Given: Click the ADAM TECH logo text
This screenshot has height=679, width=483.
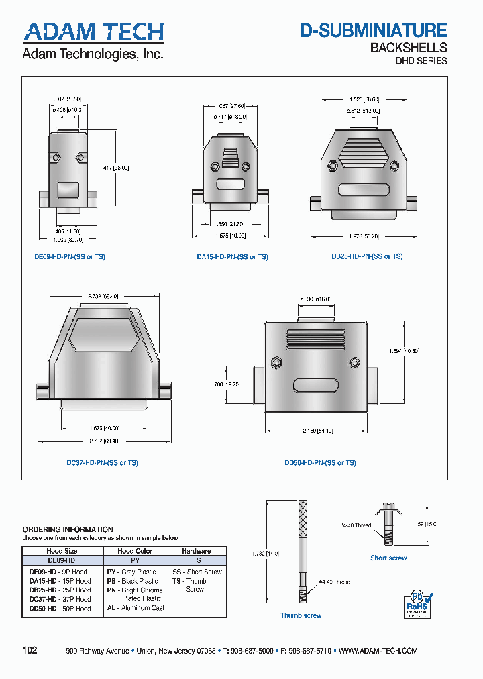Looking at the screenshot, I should tap(93, 32).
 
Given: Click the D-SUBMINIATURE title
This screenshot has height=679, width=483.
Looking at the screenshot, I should tap(373, 30).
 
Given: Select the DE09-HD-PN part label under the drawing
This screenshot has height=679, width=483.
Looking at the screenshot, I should tap(70, 257).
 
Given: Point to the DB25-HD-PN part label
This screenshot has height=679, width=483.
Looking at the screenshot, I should tap(366, 257).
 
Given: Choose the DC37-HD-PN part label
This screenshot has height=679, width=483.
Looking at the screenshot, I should tap(102, 463).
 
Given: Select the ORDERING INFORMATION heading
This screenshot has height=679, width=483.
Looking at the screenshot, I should tap(68, 529).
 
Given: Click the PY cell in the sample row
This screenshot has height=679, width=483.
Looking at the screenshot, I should tap(135, 560).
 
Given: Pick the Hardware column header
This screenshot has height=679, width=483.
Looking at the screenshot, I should tap(196, 551).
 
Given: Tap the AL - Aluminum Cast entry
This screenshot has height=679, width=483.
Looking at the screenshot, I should tap(135, 608).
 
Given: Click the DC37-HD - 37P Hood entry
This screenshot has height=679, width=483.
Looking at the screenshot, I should tap(60, 599).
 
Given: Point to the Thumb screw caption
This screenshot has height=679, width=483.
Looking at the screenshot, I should tap(301, 615).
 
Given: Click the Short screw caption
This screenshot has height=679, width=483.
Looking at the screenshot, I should tap(388, 558).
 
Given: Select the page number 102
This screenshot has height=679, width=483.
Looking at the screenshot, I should tap(30, 650).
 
